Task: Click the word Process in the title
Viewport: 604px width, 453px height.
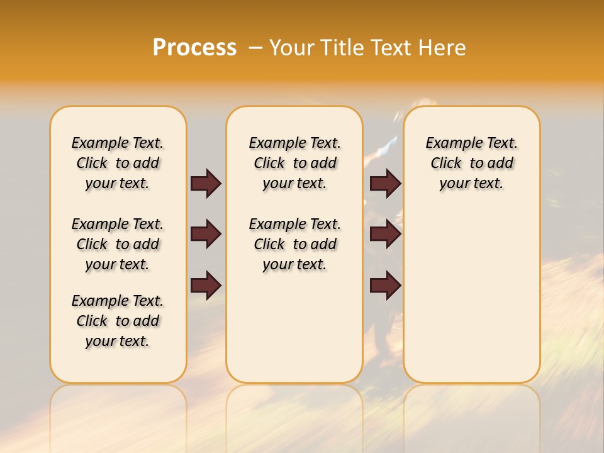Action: [x=194, y=47]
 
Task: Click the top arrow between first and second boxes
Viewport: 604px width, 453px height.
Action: [x=206, y=183]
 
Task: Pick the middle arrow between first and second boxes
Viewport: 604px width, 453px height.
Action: [x=206, y=235]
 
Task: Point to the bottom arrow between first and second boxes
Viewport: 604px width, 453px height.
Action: [x=206, y=286]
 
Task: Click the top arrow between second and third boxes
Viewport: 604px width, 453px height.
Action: [x=385, y=183]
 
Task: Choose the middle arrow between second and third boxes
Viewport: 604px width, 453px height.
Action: [x=385, y=235]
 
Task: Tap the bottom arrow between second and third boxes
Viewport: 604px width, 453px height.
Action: [x=385, y=286]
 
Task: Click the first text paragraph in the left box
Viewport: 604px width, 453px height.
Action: [x=118, y=163]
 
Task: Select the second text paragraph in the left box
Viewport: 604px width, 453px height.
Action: [x=118, y=244]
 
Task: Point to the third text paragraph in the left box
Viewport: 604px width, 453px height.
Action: [x=118, y=321]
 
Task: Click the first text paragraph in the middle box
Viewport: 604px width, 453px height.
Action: [x=294, y=163]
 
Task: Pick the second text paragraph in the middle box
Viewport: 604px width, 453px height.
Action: [x=294, y=244]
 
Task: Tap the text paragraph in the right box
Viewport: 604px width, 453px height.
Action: [x=472, y=163]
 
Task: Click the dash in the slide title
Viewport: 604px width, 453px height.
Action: [x=255, y=47]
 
